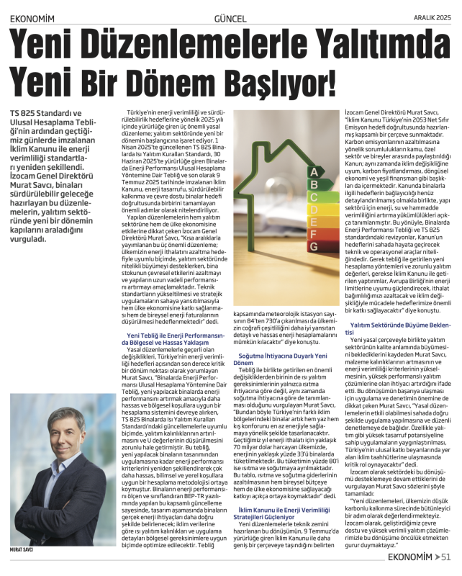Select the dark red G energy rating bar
(x=313, y=247)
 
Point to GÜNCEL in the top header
(x=230, y=19)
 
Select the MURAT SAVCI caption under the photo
(x=22, y=549)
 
